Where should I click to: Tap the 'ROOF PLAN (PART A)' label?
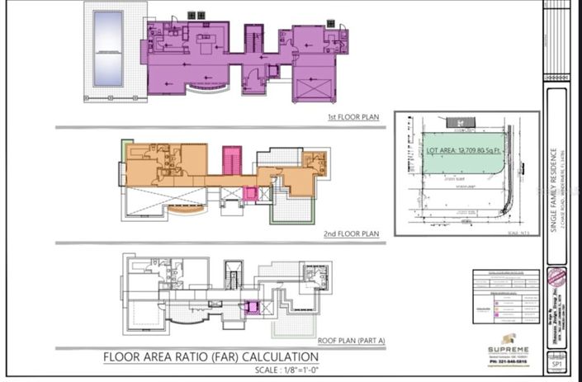pos(348,339)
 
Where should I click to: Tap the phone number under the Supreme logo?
pos(504,360)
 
